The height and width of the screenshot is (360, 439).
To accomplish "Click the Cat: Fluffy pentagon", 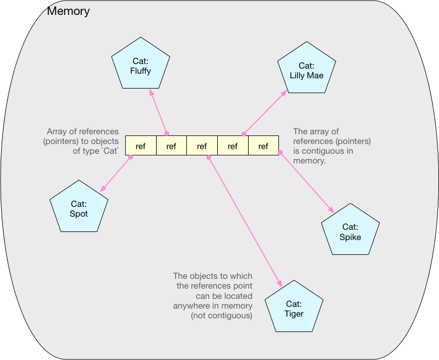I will (x=140, y=66).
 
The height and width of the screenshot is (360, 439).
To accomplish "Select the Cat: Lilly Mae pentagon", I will (x=306, y=70).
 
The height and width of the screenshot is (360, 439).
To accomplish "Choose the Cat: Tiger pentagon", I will (x=294, y=309).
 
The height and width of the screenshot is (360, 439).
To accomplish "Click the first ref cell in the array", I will (x=141, y=146).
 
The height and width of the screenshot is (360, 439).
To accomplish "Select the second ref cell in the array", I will (x=171, y=146).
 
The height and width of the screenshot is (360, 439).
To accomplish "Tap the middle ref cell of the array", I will (x=202, y=146).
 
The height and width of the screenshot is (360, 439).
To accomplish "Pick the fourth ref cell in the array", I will (x=233, y=146).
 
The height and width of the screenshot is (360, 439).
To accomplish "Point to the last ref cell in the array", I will (x=263, y=146).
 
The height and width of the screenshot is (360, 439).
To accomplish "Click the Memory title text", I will (x=68, y=11).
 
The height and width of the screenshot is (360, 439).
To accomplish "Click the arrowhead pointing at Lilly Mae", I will (x=285, y=93).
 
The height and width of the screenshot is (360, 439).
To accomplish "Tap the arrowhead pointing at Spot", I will (x=102, y=189).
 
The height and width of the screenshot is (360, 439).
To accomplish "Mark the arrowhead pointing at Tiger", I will (x=280, y=283).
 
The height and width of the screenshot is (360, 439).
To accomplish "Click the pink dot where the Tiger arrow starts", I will (x=209, y=156).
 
